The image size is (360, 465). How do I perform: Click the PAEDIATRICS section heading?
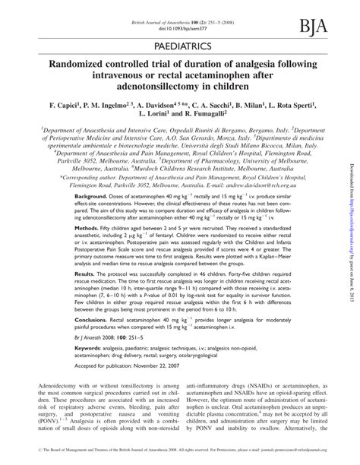tap(179, 47)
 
